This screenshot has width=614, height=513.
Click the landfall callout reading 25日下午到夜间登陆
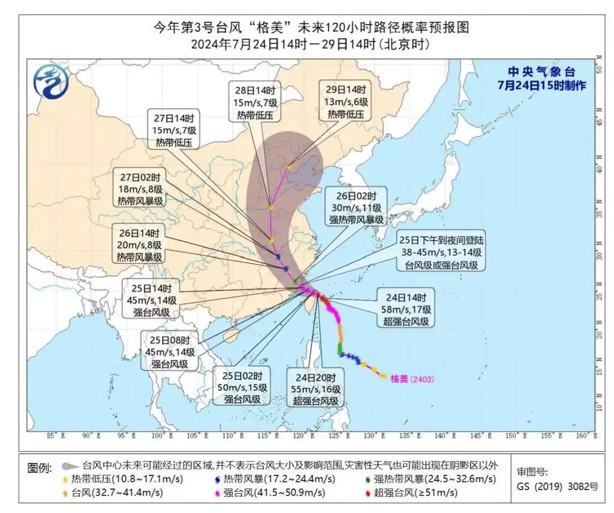coord(441,252)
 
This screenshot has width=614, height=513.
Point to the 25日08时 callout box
coord(170,351)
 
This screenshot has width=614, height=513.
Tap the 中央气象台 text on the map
coord(541,72)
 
